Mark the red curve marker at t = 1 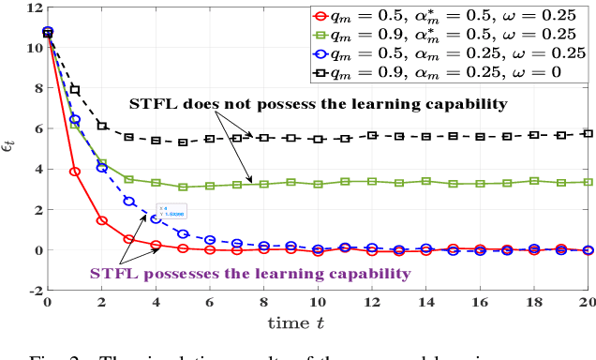(x=75, y=172)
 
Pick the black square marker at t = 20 (x=589, y=134)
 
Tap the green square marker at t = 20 (x=589, y=182)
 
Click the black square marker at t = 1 (x=75, y=90)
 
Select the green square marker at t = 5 (x=183, y=187)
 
